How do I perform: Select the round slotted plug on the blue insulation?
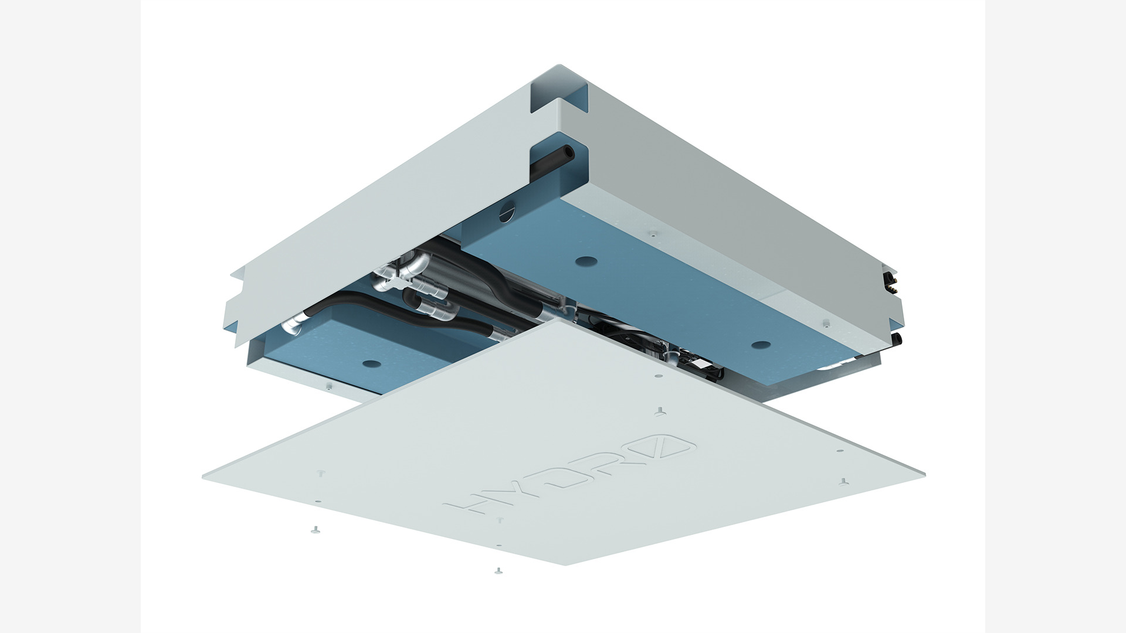pyautogui.click(x=506, y=212)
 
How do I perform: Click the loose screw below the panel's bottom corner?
pyautogui.click(x=498, y=570)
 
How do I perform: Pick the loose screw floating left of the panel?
pyautogui.click(x=314, y=530)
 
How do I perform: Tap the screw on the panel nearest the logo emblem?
pyautogui.click(x=660, y=411)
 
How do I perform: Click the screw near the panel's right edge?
pyautogui.click(x=843, y=482)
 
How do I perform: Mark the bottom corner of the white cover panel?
pyautogui.click(x=565, y=565)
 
